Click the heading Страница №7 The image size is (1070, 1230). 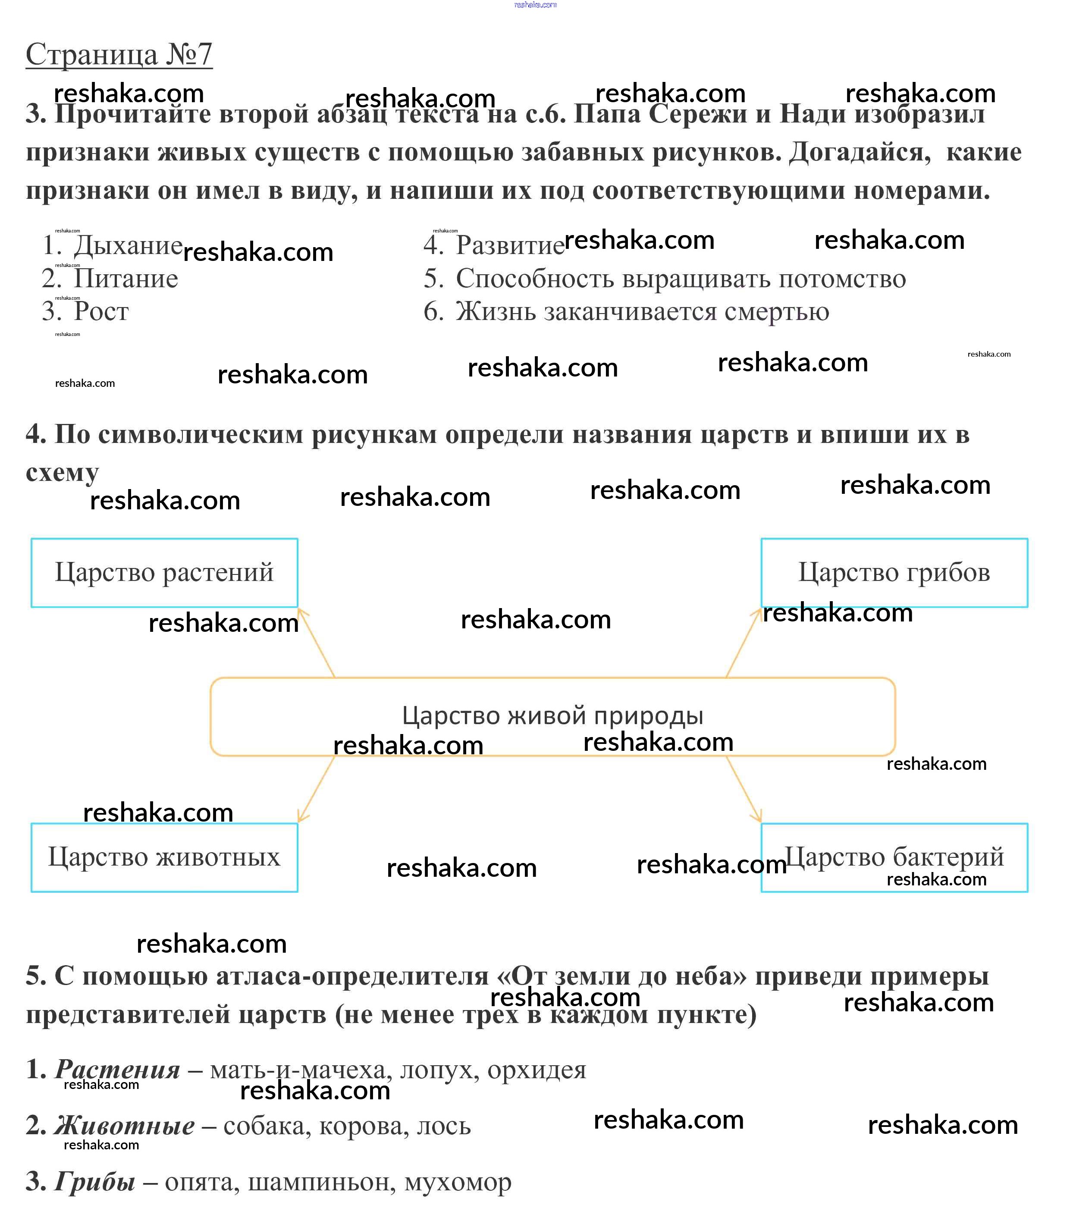point(119,55)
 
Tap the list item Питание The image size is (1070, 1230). point(126,279)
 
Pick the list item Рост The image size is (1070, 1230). point(101,312)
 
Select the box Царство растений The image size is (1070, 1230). point(164,573)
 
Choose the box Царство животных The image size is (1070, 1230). point(164,857)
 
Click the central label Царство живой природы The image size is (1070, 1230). point(552,716)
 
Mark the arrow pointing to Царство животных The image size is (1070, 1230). point(317,789)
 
